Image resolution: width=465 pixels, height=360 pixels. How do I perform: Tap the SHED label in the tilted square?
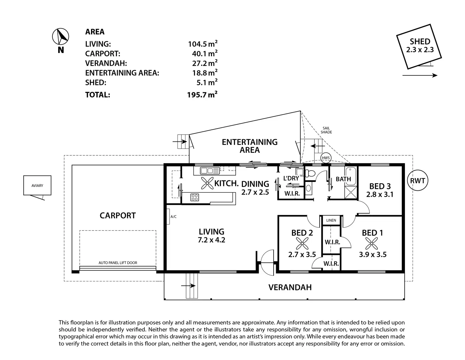[420, 41]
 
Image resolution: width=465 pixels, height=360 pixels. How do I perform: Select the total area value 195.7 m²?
[202, 95]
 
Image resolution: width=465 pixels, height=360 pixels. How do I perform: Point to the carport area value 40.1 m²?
[205, 54]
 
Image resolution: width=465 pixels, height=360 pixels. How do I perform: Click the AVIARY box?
[37, 185]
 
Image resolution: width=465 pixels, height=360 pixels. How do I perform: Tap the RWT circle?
[417, 181]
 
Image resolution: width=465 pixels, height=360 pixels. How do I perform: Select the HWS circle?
[326, 158]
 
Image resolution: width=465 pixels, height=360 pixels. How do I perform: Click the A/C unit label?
[173, 217]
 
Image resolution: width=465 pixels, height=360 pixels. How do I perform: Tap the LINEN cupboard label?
[331, 220]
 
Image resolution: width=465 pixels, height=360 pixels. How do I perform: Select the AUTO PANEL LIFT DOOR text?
[118, 263]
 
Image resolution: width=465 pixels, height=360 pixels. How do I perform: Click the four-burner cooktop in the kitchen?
[195, 197]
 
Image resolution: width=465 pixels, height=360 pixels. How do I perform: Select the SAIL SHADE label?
[326, 130]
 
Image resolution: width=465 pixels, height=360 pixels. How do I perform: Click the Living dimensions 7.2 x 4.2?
[211, 240]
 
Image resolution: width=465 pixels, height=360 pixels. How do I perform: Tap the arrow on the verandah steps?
[188, 286]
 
